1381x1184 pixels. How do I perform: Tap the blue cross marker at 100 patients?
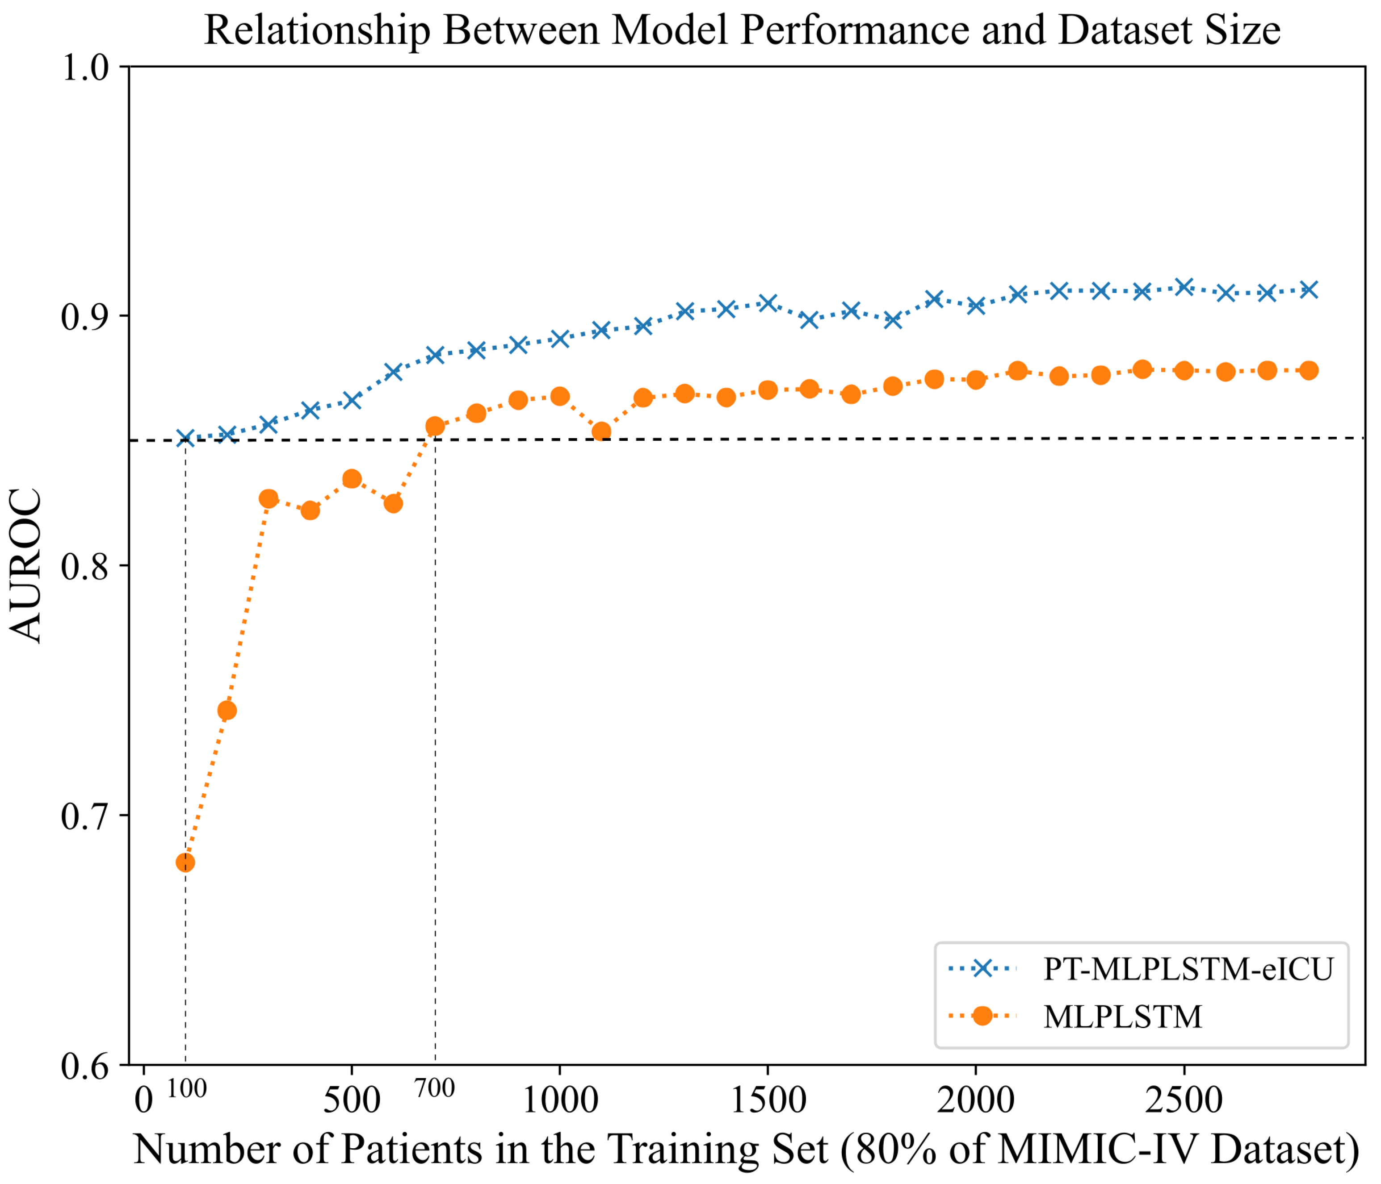click(185, 439)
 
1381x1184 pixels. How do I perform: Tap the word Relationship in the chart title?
click(317, 31)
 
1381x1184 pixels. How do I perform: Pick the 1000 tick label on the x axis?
click(560, 1100)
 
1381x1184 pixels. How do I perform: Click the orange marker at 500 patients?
click(352, 479)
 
